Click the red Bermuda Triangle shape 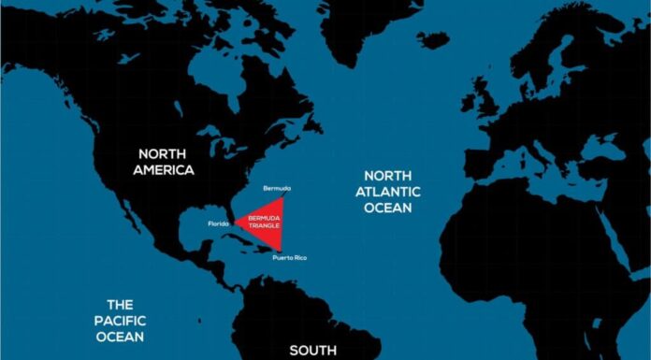pos(263,223)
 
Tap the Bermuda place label pos(277,188)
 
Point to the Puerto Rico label pos(289,257)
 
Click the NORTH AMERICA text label pos(163,161)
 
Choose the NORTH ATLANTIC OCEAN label pos(392,192)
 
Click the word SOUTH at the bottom pos(312,351)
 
